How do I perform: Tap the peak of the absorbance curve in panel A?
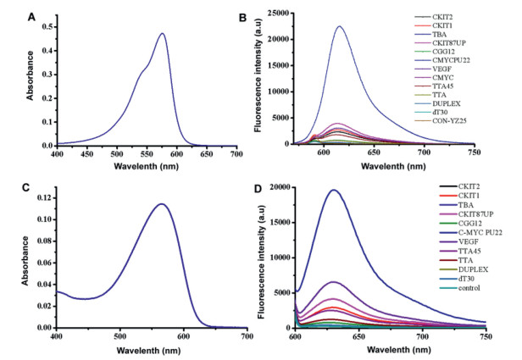pos(162,34)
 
